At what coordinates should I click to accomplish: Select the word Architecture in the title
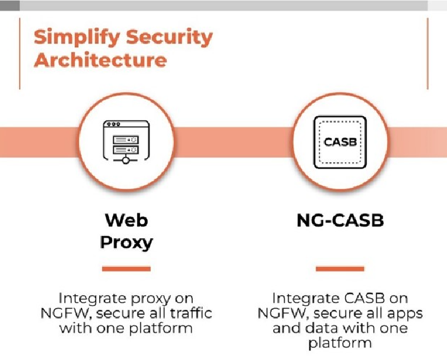tap(100, 61)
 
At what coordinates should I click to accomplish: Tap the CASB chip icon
tap(341, 143)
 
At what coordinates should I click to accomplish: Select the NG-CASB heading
tap(340, 221)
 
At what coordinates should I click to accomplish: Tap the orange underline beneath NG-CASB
tap(340, 269)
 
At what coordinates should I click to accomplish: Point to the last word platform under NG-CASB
tap(340, 343)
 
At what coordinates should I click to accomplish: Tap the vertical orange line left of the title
tap(20, 53)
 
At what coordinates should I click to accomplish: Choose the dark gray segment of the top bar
tap(10, 5)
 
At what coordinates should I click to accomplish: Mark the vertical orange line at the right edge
tap(427, 53)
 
